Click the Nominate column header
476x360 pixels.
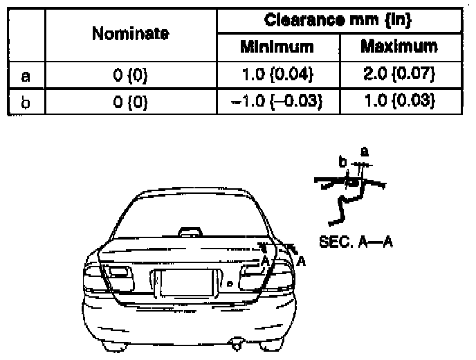pyautogui.click(x=130, y=33)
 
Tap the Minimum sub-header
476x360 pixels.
pyautogui.click(x=276, y=47)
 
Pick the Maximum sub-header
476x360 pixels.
pyautogui.click(x=399, y=47)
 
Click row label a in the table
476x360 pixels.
pyautogui.click(x=24, y=73)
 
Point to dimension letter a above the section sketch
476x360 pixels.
pyautogui.click(x=365, y=152)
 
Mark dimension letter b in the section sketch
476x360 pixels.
pyautogui.click(x=342, y=162)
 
